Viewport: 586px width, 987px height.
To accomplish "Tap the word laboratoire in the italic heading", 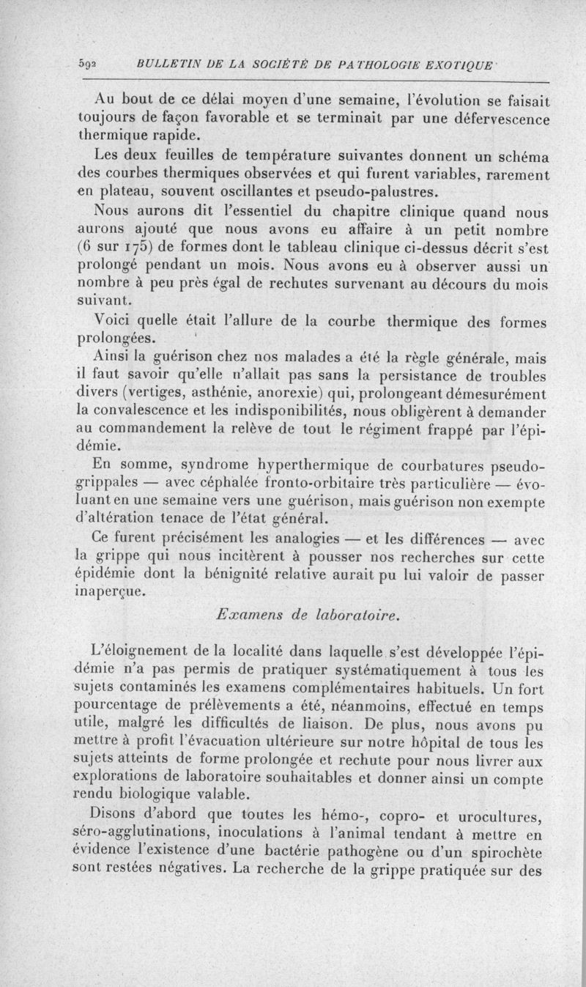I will pos(357,616).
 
